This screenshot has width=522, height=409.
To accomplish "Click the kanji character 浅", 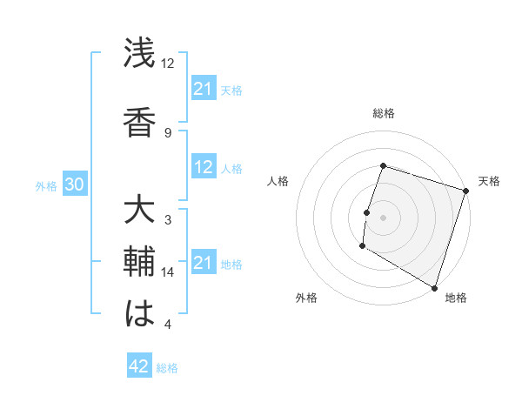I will coord(139,53).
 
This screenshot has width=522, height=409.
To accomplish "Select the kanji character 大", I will coord(139,211).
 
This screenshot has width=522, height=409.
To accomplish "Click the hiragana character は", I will coord(139,314).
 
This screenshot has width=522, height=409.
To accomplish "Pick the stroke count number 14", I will coord(168,272).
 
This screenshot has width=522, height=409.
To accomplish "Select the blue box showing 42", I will coord(139,366).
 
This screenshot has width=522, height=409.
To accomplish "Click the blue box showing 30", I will coord(74,185).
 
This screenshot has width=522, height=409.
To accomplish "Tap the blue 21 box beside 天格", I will coord(203,89).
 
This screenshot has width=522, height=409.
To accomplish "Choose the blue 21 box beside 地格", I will coord(203,263).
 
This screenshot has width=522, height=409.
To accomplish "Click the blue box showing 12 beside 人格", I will coord(203,168).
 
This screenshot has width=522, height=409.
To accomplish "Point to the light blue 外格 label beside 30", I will coord(46,186).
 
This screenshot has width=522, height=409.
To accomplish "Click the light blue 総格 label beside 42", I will coord(167,368).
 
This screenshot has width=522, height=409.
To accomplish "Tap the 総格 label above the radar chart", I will coord(383,113).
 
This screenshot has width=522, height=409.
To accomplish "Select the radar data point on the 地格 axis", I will coord(434,287).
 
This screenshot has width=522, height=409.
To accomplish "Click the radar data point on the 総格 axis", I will coord(383,165).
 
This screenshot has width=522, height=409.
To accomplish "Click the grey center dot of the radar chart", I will coord(383,217).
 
